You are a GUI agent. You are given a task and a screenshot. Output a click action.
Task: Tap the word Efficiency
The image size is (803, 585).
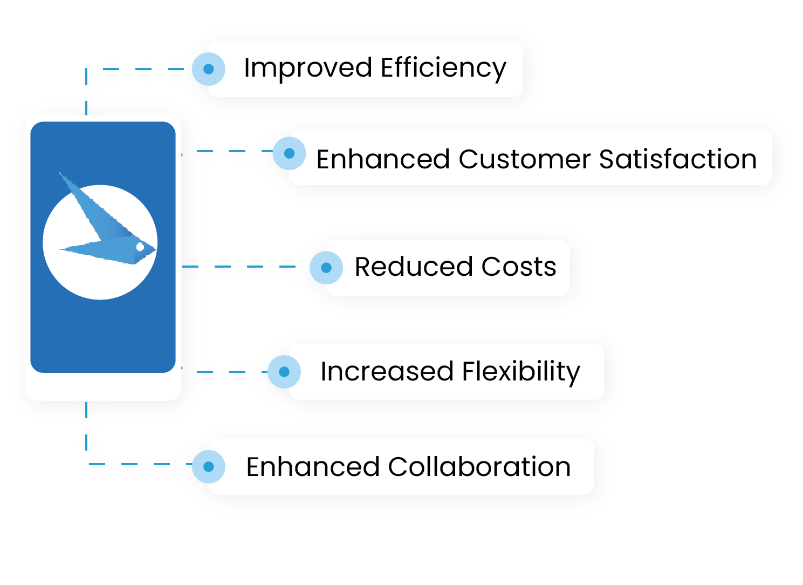point(443,69)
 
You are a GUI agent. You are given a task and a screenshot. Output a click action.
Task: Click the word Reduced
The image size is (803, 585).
point(413,267)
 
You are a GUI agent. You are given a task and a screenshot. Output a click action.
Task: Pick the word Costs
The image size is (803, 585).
point(518,267)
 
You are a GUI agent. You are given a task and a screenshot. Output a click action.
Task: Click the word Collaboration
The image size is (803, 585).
point(479,467)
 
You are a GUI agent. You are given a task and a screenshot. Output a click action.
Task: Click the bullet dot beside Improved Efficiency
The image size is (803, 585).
point(209,69)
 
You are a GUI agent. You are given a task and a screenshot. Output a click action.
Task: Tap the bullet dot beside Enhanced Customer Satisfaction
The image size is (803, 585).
point(289,153)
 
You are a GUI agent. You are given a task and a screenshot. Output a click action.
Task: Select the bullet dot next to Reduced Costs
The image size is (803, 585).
point(326,267)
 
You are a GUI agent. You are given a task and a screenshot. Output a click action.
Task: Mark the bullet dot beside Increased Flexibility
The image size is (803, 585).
point(284,371)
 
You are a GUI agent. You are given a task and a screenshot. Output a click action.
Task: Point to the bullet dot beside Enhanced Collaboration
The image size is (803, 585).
point(209,467)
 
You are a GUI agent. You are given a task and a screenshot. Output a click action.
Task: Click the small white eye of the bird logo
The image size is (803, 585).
point(140,247)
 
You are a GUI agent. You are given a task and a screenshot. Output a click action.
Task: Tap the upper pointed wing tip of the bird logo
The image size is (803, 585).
point(61,174)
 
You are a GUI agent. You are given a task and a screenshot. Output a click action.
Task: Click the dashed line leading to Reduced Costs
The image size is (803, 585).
point(243,267)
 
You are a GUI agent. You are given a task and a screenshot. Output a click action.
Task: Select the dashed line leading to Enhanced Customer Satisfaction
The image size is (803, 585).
point(227,151)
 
